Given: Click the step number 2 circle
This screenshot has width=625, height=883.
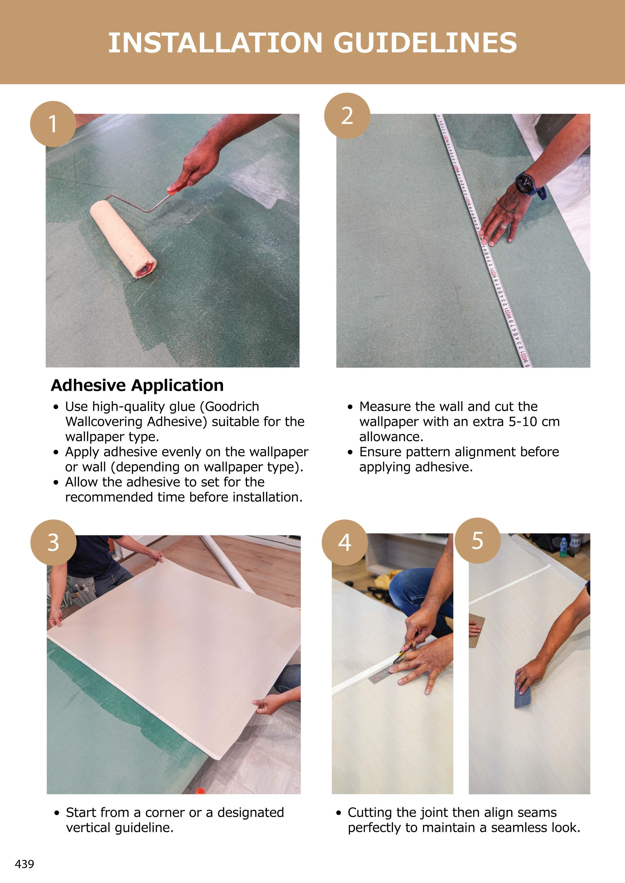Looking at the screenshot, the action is click(x=347, y=116).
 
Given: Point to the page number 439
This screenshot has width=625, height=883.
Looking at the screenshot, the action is click(x=24, y=864).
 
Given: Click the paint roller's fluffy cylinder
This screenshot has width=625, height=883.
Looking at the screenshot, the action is click(x=123, y=238).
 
